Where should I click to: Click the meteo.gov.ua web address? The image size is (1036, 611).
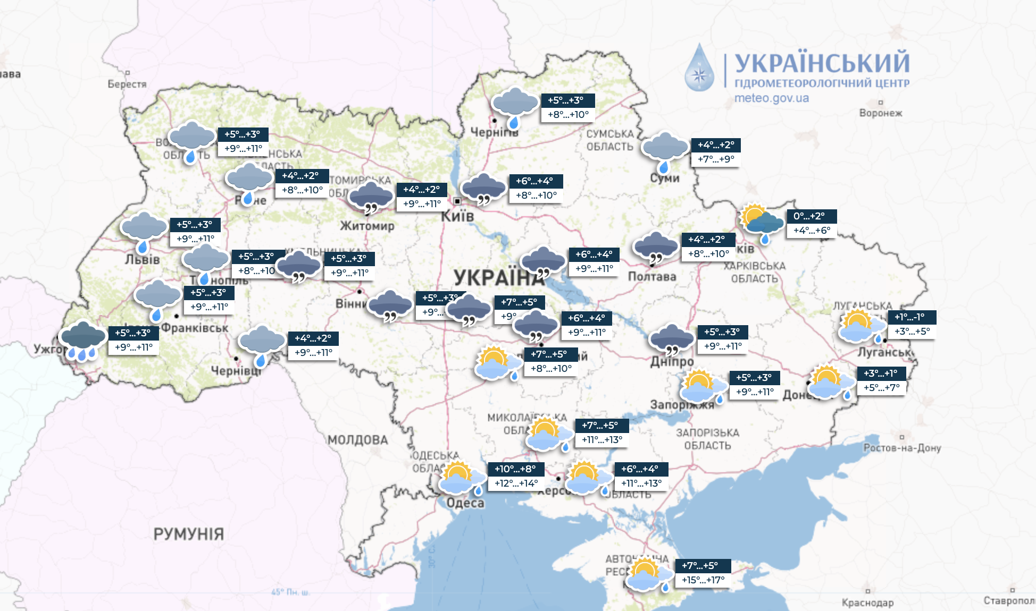pyautogui.click(x=771, y=98)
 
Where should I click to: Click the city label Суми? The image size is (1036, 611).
pyautogui.click(x=665, y=179)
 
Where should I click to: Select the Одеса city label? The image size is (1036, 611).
pyautogui.click(x=465, y=503)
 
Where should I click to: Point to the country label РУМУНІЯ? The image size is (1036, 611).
pyautogui.click(x=188, y=534)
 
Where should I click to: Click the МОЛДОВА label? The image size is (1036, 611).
pyautogui.click(x=357, y=440)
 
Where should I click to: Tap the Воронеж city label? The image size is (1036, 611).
pyautogui.click(x=881, y=113)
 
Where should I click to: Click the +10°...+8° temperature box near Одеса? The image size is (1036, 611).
pyautogui.click(x=515, y=469)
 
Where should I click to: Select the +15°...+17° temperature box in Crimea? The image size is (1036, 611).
pyautogui.click(x=703, y=580)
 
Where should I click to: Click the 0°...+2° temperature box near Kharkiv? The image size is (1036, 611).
pyautogui.click(x=809, y=216)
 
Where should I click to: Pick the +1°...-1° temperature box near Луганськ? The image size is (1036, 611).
pyautogui.click(x=910, y=317)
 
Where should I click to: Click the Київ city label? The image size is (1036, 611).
pyautogui.click(x=457, y=216)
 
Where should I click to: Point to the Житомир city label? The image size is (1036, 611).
pyautogui.click(x=367, y=226)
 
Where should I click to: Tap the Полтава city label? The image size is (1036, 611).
pyautogui.click(x=652, y=276)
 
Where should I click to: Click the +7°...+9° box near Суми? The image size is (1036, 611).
pyautogui.click(x=716, y=159)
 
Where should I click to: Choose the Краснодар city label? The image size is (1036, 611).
pyautogui.click(x=867, y=602)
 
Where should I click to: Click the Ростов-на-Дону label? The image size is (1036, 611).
pyautogui.click(x=902, y=448)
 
